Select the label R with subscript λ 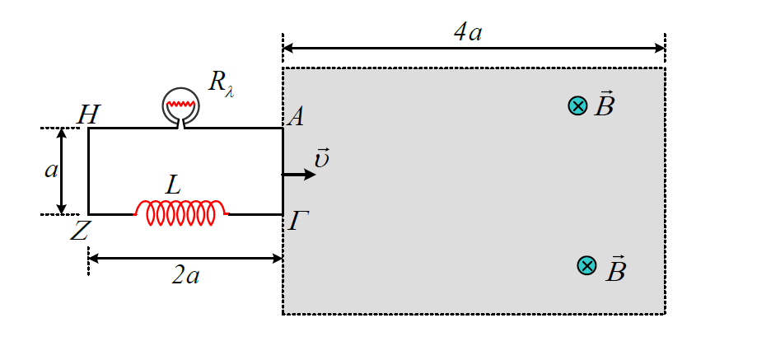[221, 83]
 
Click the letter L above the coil [173, 186]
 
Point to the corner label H [88, 116]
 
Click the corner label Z [79, 231]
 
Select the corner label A [294, 117]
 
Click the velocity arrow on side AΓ [298, 174]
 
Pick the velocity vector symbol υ [320, 158]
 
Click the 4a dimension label [467, 32]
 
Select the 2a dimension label [185, 277]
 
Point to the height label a [50, 171]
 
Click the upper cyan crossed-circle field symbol [577, 105]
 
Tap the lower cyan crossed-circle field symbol [586, 265]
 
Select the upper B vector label [604, 103]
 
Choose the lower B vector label [615, 269]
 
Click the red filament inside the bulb [181, 105]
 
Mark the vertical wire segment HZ [88, 171]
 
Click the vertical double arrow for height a [62, 171]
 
